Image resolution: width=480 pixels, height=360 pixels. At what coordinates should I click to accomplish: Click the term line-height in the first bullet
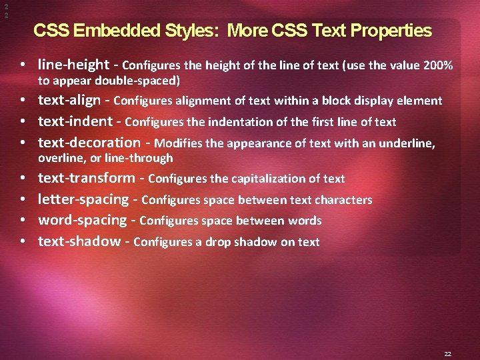tap(73, 65)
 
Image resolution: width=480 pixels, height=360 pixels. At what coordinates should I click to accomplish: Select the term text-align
tap(70, 101)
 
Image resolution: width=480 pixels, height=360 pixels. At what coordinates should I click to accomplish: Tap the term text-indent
tap(75, 121)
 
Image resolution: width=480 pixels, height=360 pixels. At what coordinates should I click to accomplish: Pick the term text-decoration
tap(89, 142)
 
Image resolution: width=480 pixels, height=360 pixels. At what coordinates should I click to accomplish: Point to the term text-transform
tap(86, 178)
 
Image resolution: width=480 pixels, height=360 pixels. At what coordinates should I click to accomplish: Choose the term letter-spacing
tap(83, 199)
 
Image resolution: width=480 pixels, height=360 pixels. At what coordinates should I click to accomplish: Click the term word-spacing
tap(82, 220)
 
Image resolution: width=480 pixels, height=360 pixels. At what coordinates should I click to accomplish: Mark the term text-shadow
tap(79, 241)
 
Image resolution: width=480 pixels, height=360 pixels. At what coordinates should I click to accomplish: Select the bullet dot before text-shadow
tap(23, 241)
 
